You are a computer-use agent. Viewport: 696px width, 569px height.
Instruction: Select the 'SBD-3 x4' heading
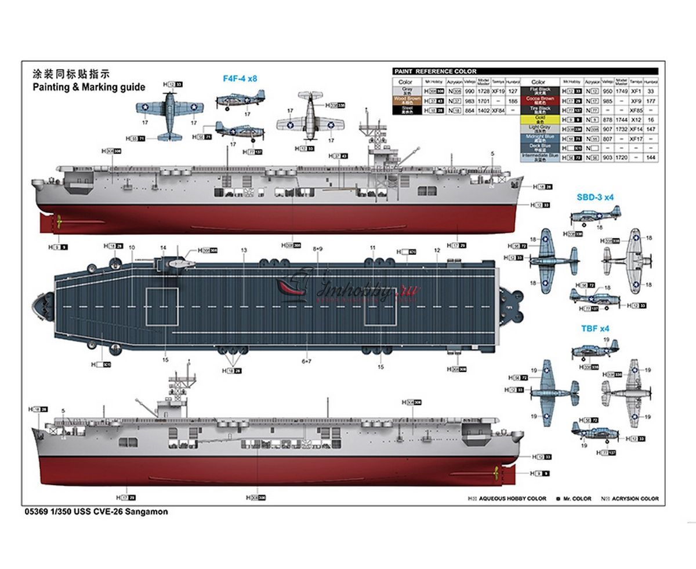pos(594,197)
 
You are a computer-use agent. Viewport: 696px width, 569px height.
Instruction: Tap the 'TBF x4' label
pos(595,328)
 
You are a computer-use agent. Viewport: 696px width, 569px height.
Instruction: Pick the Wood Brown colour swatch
pos(405,100)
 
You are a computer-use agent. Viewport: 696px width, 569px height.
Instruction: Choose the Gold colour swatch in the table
pos(538,119)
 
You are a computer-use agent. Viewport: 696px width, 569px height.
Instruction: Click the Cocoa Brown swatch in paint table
pos(538,100)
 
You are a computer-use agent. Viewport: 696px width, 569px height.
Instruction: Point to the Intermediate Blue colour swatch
pos(538,157)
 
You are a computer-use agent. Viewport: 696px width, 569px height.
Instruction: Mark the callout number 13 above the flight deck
pos(244,250)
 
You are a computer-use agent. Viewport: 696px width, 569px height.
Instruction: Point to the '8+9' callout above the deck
pos(317,249)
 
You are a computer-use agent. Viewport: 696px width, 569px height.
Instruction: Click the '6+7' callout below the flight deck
pos(307,362)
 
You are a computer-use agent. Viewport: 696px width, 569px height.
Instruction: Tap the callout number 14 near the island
pos(164,247)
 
